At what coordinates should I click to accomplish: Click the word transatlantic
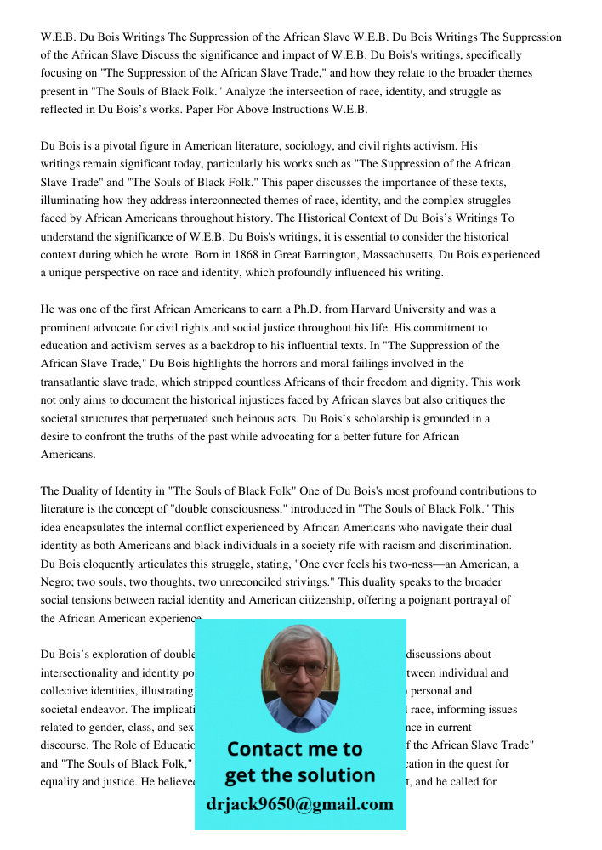pyautogui.click(x=75, y=382)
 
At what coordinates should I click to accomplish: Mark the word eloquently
pyautogui.click(x=112, y=564)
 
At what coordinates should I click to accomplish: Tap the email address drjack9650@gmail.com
pyautogui.click(x=299, y=804)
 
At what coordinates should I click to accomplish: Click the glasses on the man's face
pyautogui.click(x=299, y=668)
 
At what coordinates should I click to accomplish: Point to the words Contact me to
pyautogui.click(x=294, y=749)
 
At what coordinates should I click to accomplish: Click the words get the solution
pyautogui.click(x=299, y=775)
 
